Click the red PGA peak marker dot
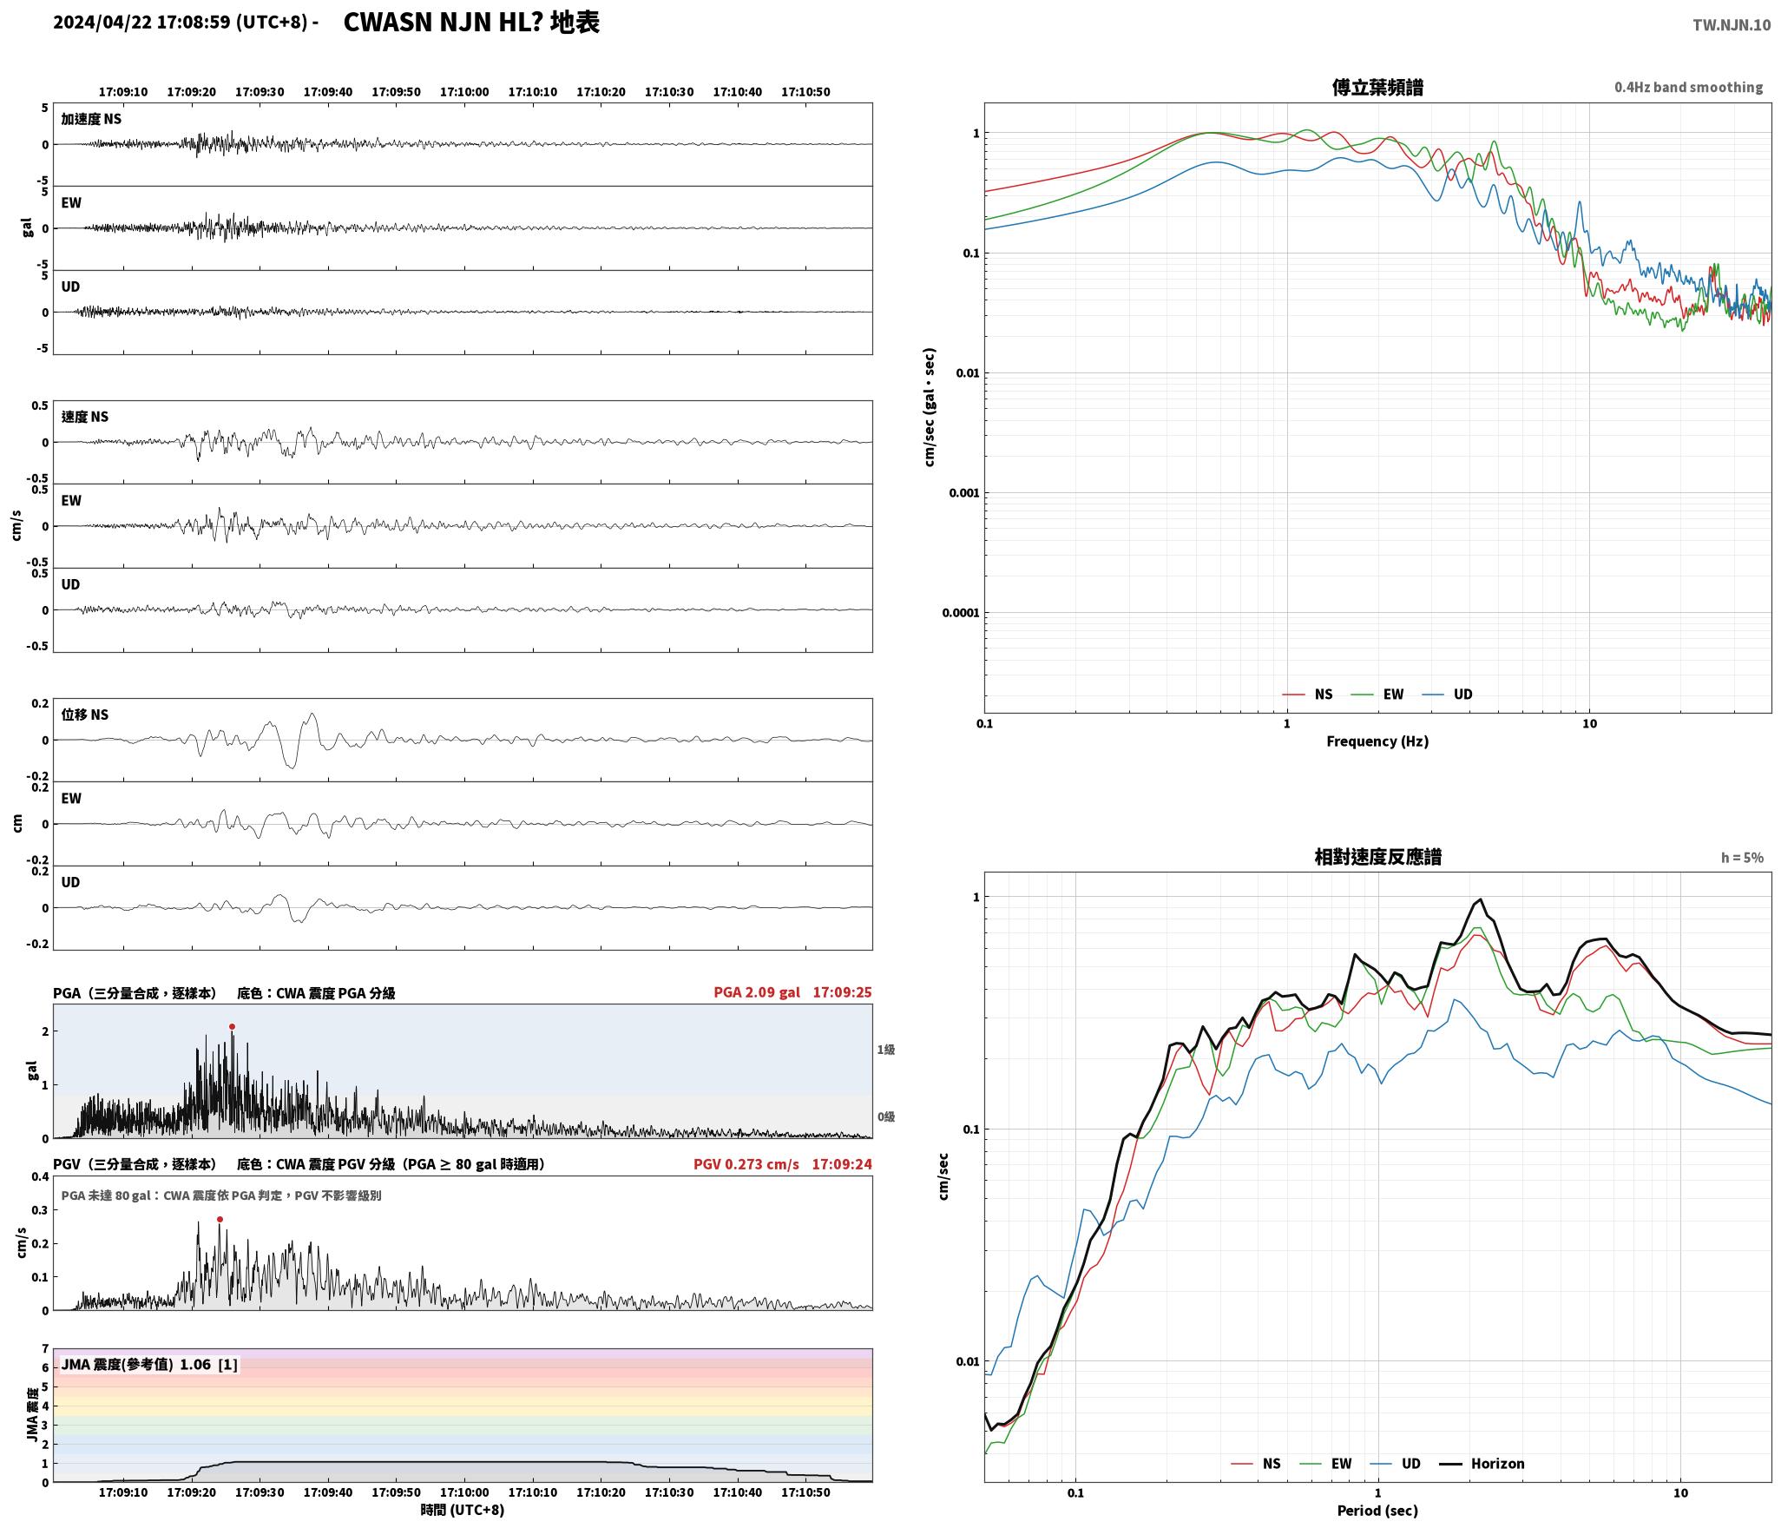click(232, 1026)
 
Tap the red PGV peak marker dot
click(220, 1219)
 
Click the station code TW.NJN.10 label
click(1732, 25)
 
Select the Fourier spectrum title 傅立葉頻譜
click(1377, 88)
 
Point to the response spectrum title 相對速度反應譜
click(1377, 857)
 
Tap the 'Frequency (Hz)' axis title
click(1377, 741)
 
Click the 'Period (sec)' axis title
click(1377, 1511)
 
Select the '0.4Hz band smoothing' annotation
click(1688, 88)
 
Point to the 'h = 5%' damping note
click(1742, 858)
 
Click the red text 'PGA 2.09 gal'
click(757, 992)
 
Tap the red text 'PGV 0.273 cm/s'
click(746, 1164)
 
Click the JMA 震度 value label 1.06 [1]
click(208, 1365)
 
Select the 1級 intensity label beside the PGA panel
click(885, 1050)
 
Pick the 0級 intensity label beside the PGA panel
click(885, 1116)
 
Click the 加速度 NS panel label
click(91, 119)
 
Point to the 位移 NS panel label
click(85, 715)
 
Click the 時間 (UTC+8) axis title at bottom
click(463, 1510)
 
